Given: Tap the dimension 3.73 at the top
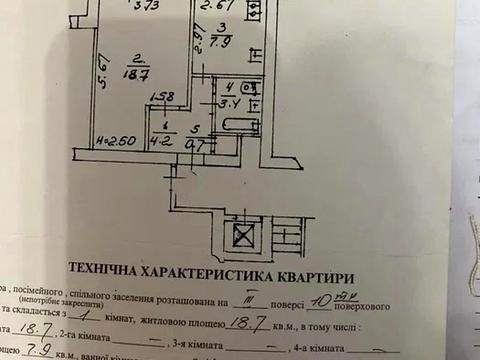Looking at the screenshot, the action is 147,6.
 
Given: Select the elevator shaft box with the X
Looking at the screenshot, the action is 242,238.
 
